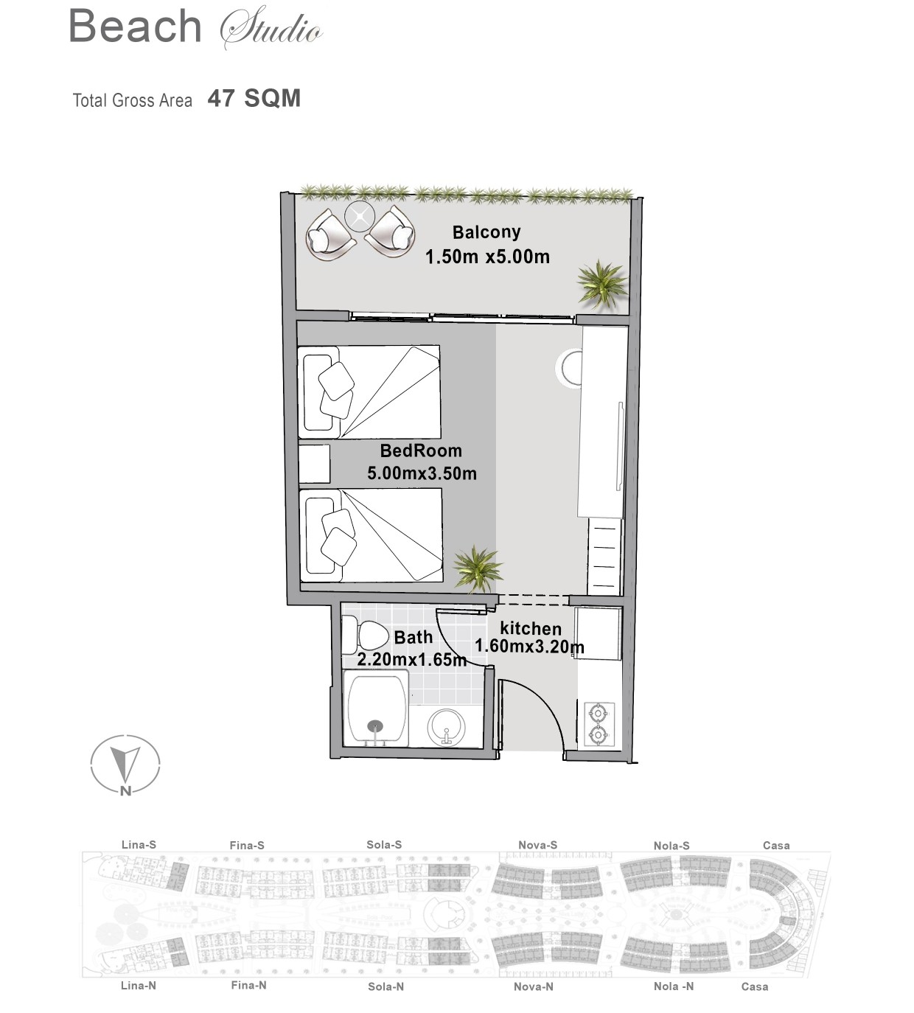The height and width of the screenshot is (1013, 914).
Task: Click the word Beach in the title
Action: point(136,27)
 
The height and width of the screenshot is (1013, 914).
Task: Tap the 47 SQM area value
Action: point(254,99)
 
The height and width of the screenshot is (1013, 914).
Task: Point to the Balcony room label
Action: point(486,232)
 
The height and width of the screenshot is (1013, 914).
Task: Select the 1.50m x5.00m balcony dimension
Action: point(487,257)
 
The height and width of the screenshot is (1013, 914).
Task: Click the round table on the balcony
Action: point(360,215)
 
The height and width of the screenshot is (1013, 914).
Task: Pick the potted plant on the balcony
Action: point(602,285)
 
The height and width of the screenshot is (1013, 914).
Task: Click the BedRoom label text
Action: point(421,450)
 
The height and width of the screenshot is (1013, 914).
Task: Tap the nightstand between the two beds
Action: point(314,464)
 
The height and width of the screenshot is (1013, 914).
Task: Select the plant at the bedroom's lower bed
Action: point(477,569)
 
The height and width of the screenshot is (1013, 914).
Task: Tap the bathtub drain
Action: point(375,727)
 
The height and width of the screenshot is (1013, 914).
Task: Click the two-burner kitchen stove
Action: point(599,724)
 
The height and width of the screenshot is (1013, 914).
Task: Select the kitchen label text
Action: point(531,629)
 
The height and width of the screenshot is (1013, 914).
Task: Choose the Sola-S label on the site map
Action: point(384,845)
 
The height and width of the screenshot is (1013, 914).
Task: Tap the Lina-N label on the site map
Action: point(138,985)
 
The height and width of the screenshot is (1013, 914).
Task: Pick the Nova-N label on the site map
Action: point(534,986)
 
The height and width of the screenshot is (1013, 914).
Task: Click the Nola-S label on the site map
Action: point(671,846)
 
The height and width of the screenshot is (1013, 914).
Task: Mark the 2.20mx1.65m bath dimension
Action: point(411,660)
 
